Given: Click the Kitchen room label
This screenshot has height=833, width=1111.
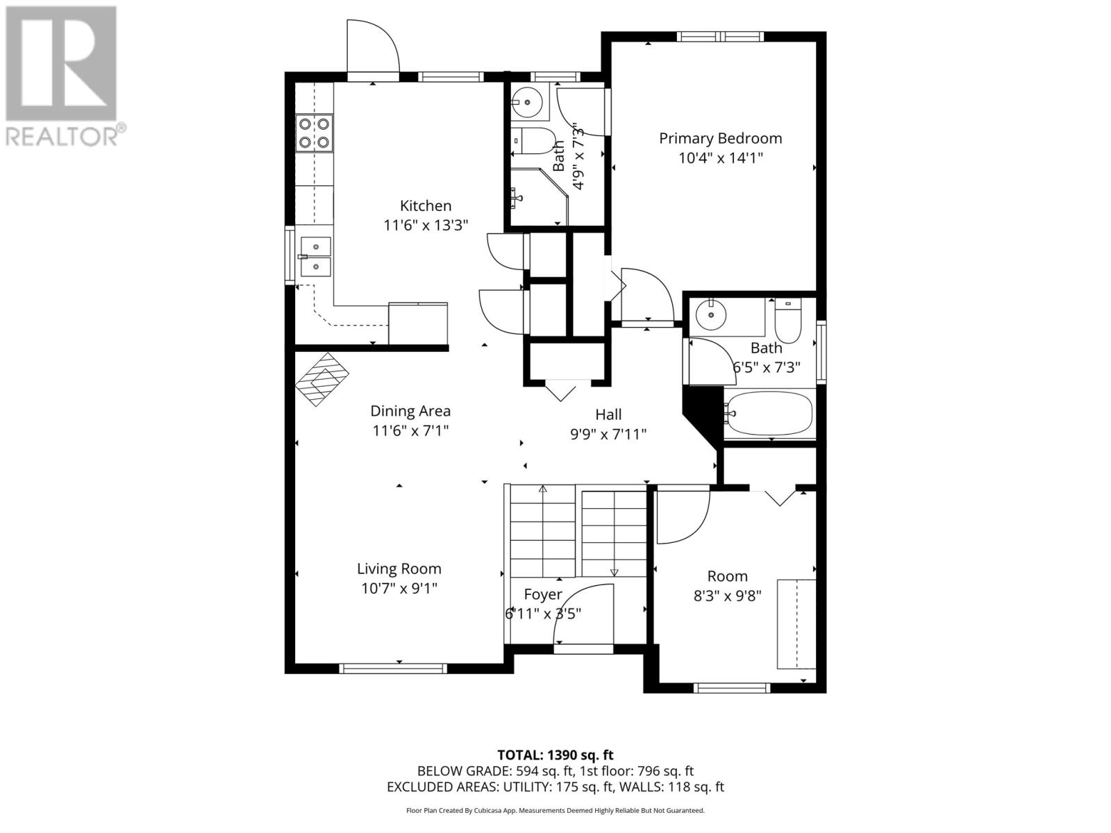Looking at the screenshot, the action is coord(425,206).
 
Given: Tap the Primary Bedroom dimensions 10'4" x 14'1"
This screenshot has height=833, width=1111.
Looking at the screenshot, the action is coord(720,158).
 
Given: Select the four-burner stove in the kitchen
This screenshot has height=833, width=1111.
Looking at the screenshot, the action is coord(314,133).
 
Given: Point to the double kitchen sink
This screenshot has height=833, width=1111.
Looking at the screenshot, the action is coord(315,257).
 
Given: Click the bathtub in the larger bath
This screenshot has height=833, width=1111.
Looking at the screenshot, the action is coord(769,414).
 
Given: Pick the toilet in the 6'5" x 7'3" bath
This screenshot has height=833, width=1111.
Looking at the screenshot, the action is coord(787,321).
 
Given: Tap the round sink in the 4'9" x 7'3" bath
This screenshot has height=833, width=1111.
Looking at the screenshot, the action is coord(527,102).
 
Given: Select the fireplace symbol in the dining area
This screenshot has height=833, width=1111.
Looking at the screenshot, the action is coord(322,379).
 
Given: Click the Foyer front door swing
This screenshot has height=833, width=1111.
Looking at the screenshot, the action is coord(581,616).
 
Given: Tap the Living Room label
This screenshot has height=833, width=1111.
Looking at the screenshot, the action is coord(399,569).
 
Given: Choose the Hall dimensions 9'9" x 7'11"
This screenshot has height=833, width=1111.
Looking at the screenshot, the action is coord(608,434).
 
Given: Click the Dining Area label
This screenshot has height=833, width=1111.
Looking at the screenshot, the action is coord(410,411).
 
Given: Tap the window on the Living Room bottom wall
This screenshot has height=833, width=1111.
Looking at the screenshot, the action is coord(393,668).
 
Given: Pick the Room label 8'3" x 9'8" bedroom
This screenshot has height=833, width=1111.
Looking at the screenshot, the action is coord(727,576).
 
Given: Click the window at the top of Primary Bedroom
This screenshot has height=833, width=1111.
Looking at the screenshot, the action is coord(720,36).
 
